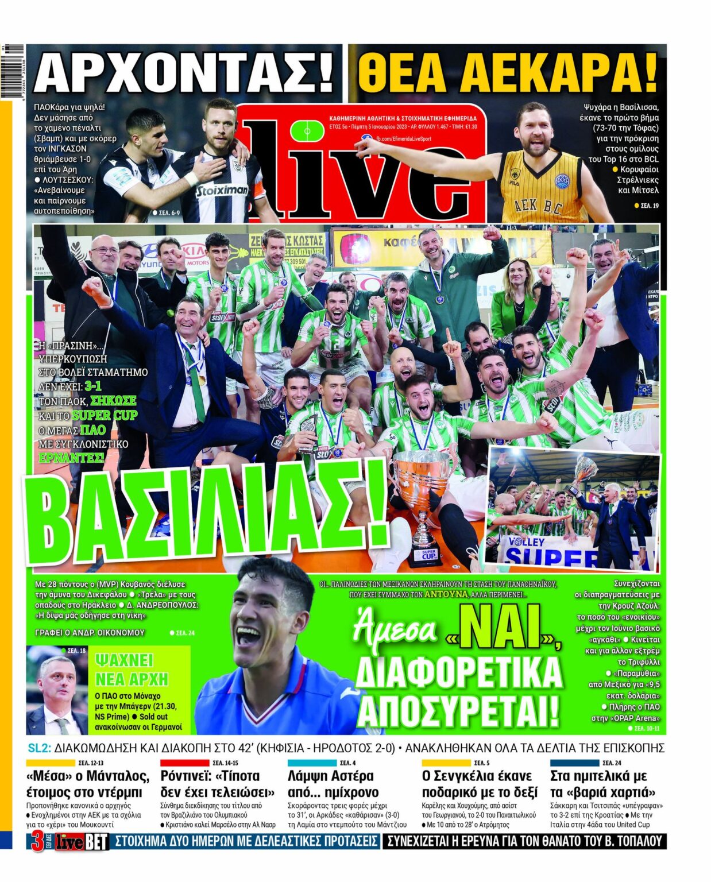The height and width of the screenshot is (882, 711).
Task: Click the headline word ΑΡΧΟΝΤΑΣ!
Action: click(x=184, y=72)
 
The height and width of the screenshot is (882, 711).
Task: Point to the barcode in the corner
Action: click(x=11, y=72)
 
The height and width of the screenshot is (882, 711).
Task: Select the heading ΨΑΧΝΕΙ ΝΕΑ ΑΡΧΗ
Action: click(x=132, y=670)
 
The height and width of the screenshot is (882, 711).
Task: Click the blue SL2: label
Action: click(x=39, y=748)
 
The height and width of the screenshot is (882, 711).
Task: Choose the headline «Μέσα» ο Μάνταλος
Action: click(x=88, y=776)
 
